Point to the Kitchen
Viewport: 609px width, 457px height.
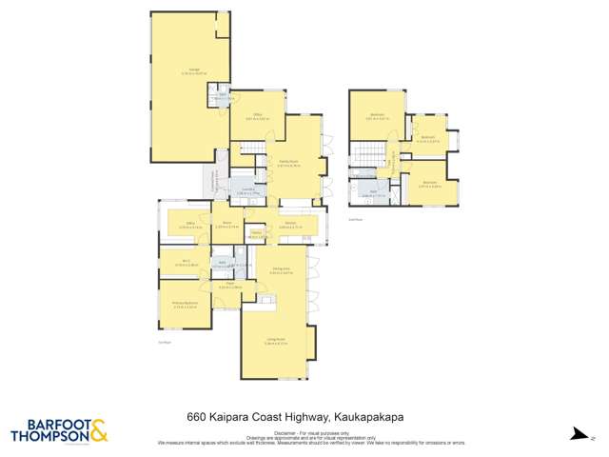pos(290,226)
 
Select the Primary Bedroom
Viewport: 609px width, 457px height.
pos(184,305)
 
